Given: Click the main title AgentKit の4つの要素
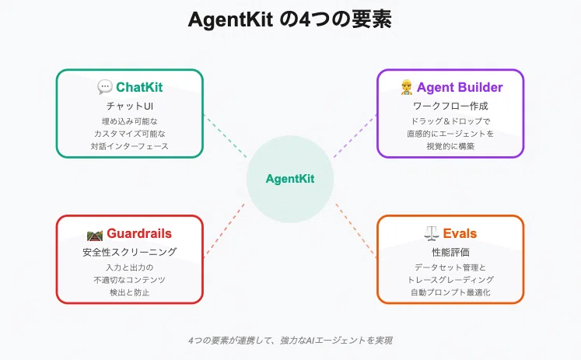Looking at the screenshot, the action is pos(290,19).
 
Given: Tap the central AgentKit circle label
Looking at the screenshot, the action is pos(290,179).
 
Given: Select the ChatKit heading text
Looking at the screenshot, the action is pos(139,87).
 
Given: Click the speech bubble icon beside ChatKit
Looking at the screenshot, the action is pos(105,87).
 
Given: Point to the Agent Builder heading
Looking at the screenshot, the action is pos(460,87).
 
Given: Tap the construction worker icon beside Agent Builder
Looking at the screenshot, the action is pos(407,87).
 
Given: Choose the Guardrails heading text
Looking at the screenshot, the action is pos(139,233).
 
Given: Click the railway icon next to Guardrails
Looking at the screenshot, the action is pos(95,235).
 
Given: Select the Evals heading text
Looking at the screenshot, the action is pos(460,233).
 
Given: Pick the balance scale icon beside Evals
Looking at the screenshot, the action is pos(432,233).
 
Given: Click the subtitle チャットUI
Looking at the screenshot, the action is pos(130,106).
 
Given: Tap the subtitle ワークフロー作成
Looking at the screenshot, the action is pos(450,106).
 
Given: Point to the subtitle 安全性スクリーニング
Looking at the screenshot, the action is pos(130,252).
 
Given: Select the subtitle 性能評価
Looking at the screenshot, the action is pos(450,252).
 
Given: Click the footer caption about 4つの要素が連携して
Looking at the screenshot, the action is pos(290,341).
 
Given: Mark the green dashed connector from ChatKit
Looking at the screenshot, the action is pos(226,136).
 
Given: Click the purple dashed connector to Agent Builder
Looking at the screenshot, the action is pos(355,136).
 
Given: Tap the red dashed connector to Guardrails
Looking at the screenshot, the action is pos(224,229).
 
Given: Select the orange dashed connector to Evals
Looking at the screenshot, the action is pos(356,229).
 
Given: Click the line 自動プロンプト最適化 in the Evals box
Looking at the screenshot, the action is pos(450,292).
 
